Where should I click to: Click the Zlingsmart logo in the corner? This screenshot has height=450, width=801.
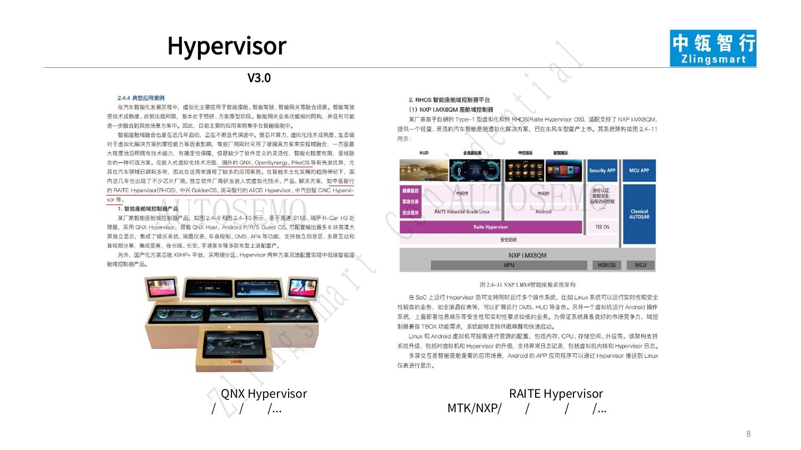(713, 48)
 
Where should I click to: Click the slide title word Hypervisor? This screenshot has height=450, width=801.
(227, 46)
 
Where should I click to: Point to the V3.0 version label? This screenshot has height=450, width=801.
(259, 78)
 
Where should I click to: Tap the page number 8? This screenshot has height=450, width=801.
(748, 434)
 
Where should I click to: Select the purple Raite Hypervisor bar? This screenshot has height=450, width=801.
(490, 227)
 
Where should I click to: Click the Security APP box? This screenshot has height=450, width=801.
(602, 171)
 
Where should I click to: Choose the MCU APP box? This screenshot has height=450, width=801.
(639, 171)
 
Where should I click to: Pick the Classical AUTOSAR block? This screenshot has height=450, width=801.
(639, 214)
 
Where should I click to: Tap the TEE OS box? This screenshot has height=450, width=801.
(602, 227)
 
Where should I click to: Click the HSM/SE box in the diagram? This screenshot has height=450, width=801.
(606, 265)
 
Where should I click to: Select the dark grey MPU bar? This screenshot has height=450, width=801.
(508, 265)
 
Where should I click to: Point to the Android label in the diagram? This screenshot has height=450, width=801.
(543, 212)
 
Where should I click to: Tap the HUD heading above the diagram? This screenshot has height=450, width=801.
(424, 153)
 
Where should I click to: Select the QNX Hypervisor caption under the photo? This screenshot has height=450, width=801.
(264, 394)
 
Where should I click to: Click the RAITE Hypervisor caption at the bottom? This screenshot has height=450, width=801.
(556, 394)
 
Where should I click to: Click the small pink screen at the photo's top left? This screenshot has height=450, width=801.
(161, 287)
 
